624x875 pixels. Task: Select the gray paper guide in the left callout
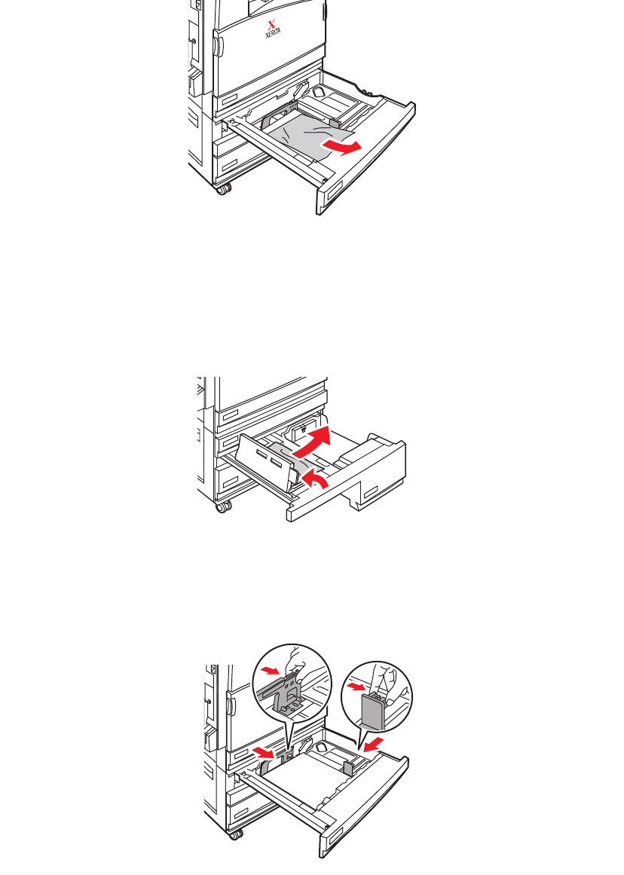[286, 690]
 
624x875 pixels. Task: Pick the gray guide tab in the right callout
[375, 709]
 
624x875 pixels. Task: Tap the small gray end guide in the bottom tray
[348, 767]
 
